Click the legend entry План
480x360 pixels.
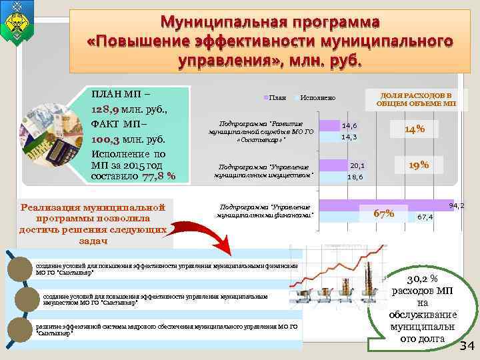point(277,98)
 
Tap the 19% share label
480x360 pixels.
point(419,164)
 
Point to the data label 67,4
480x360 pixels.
point(425,217)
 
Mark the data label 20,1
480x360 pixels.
point(357,165)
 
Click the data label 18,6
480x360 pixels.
point(355,177)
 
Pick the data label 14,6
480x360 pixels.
point(349,125)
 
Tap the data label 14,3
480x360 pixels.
point(349,137)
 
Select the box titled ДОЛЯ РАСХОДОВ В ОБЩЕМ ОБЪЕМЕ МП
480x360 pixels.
point(415,99)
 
